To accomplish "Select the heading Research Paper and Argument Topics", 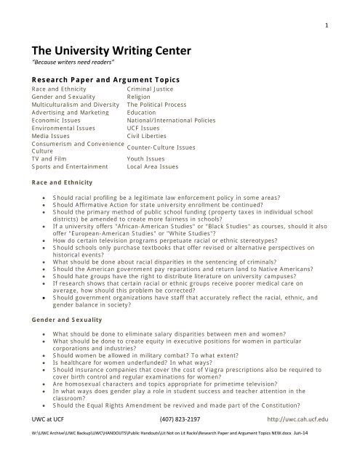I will click(105, 79).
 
